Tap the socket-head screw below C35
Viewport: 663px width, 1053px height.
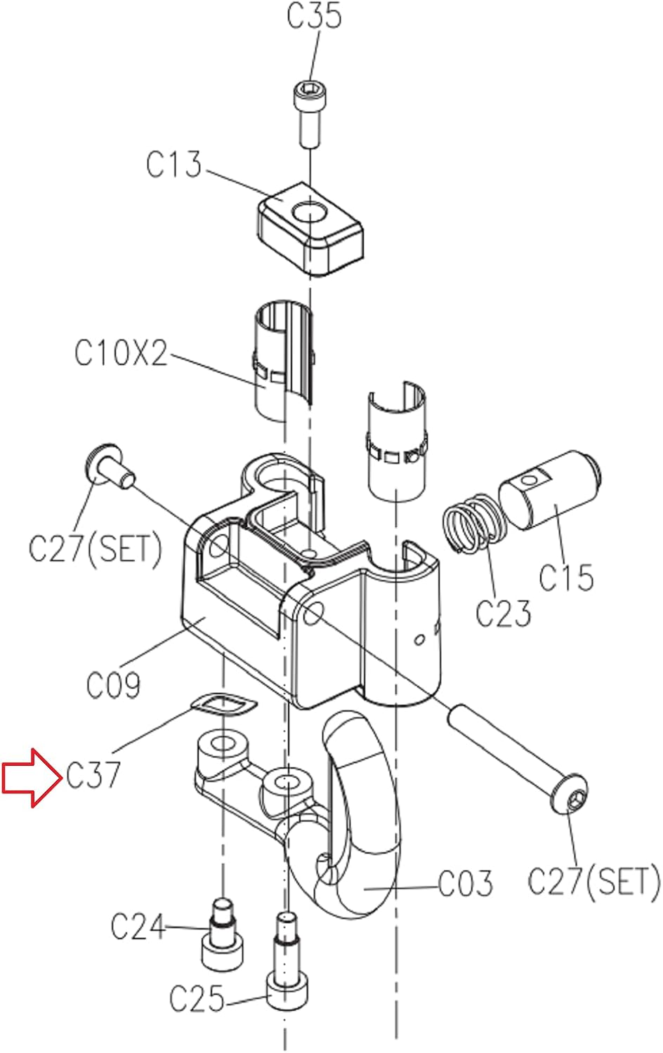tap(311, 115)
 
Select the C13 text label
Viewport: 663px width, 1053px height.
tap(173, 164)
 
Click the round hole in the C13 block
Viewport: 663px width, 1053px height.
tap(310, 212)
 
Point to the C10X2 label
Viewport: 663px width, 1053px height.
tap(121, 352)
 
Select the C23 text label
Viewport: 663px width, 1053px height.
tap(503, 613)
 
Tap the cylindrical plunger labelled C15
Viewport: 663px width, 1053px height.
tap(550, 491)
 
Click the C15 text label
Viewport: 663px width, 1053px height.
tap(565, 576)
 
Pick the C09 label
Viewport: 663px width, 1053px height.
tap(113, 685)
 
